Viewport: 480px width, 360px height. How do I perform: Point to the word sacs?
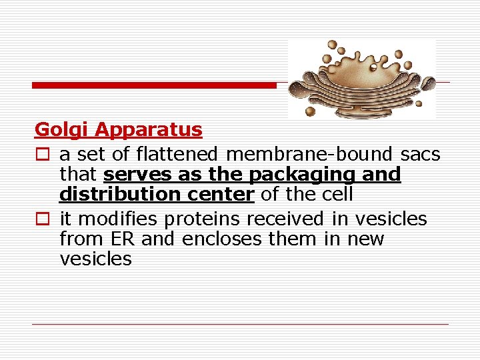point(421,155)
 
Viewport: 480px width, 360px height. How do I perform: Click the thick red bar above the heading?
point(154,85)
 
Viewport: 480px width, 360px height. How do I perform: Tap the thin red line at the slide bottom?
point(241,324)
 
